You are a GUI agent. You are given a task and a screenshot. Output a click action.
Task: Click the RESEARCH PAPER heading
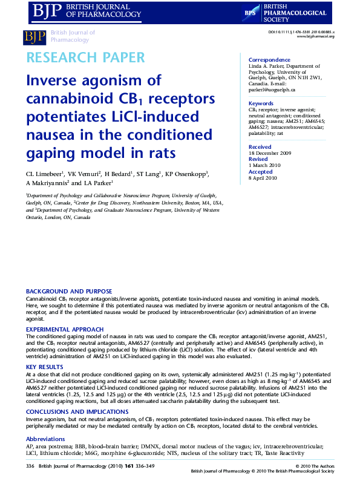[85, 58]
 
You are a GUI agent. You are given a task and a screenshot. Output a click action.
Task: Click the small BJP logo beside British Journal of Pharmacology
[34, 37]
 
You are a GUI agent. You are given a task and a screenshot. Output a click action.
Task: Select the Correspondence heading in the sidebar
[269, 60]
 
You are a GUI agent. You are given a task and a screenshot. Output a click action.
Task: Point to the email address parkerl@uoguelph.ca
[272, 90]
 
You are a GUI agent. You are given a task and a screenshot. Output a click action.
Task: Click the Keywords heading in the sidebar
[261, 103]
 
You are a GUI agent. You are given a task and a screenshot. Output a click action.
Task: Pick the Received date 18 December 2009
[270, 152]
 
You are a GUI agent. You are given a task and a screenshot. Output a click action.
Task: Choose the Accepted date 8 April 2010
[263, 178]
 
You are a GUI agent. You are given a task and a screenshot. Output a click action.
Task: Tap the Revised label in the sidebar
[259, 160]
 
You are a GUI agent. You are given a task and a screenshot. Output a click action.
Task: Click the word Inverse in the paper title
[51, 80]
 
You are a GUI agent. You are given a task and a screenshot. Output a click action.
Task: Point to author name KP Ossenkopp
[186, 174]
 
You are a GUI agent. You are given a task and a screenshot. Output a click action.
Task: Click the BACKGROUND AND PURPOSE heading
[68, 292]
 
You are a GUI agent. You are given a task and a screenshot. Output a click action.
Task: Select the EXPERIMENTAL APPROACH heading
[65, 329]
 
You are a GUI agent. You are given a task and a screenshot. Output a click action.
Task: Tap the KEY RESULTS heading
[44, 367]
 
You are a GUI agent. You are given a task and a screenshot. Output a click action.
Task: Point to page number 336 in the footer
[30, 466]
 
